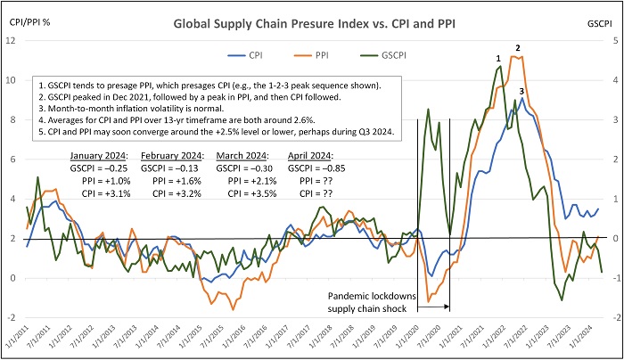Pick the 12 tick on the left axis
tap(12, 40)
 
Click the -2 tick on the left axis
tap(12, 318)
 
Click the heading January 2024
tap(99, 158)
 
